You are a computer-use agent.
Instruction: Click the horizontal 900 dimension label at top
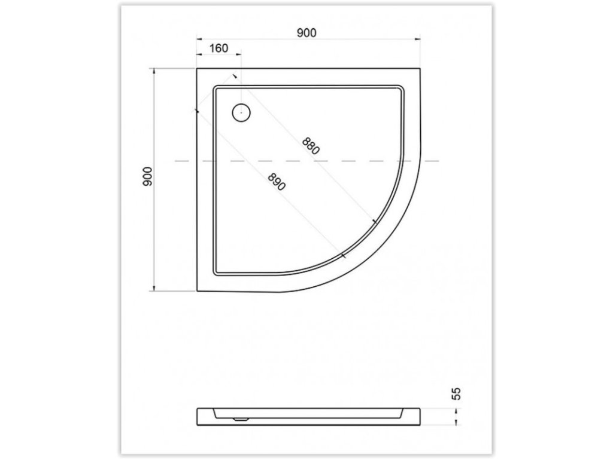coord(306,33)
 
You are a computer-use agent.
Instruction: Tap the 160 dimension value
coord(219,48)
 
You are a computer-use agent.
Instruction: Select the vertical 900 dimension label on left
coord(147,176)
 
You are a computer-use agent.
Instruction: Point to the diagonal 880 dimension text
coord(311,146)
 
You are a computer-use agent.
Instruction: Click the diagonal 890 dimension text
coord(277,182)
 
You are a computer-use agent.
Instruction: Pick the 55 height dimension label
coord(456,393)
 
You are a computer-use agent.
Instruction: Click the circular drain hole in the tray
coord(241,113)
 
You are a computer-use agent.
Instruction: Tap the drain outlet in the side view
coord(241,420)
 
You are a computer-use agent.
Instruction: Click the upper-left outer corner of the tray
coord(196,69)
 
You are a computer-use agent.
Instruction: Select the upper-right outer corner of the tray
coord(420,69)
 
